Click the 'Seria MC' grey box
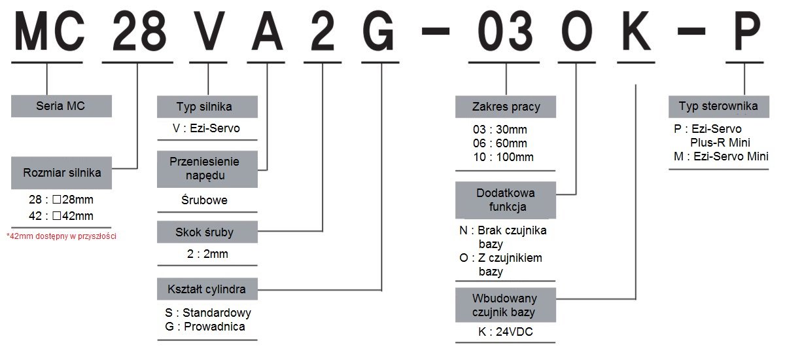click(x=61, y=106)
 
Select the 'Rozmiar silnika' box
click(x=61, y=173)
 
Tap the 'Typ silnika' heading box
click(x=207, y=107)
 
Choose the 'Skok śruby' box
click(x=207, y=232)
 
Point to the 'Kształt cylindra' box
click(x=207, y=289)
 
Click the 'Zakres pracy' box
click(x=505, y=107)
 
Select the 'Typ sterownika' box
click(x=719, y=107)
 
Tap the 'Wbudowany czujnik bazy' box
click(x=505, y=305)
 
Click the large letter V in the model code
click(x=208, y=31)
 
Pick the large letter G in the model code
click(x=379, y=31)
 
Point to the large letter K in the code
click(x=636, y=31)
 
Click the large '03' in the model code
click(x=505, y=31)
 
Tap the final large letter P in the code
click(x=747, y=31)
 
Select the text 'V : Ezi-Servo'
click(x=206, y=128)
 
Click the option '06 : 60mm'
click(x=500, y=143)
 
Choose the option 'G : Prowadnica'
click(x=205, y=327)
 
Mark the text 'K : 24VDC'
click(x=505, y=332)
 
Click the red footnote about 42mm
click(x=61, y=236)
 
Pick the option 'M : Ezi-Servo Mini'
click(x=721, y=156)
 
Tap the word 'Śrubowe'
click(x=204, y=200)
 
